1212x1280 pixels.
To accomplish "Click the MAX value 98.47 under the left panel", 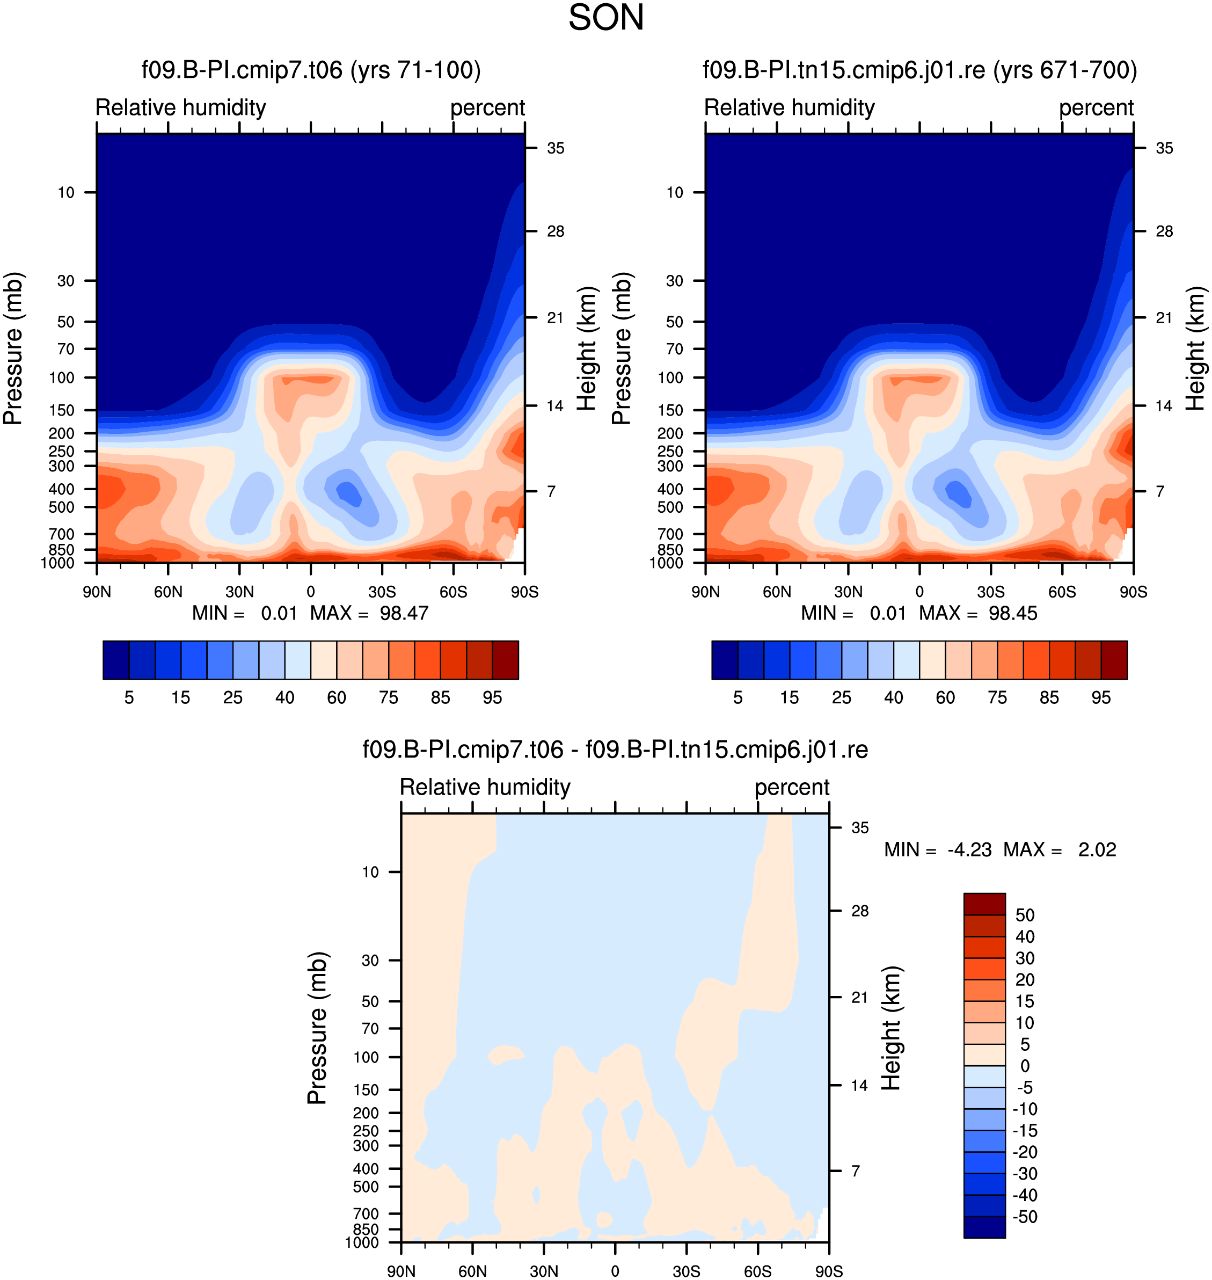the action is tap(404, 613).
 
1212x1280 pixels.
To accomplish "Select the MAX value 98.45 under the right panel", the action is tap(1013, 613).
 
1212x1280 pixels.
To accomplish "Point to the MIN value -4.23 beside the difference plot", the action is tap(969, 850).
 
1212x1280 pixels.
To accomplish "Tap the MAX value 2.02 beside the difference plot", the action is tap(1097, 850).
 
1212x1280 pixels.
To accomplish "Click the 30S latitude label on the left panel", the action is tap(382, 592).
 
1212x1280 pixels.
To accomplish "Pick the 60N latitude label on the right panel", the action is tap(777, 592).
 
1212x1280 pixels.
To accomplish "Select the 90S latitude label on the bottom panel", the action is tap(829, 1271).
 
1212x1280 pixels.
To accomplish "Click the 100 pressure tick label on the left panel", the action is tap(62, 377).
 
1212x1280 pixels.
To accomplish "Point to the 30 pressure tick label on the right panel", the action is tap(675, 280).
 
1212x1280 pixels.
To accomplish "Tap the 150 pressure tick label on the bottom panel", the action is tap(366, 1089).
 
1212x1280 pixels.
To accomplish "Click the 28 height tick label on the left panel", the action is tap(556, 231).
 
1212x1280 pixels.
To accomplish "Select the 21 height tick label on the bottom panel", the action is tap(860, 997).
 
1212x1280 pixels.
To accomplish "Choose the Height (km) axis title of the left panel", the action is tap(587, 349).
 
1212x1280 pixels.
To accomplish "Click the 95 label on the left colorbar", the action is tap(492, 698).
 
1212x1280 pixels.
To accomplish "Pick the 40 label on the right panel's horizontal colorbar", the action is tap(894, 698).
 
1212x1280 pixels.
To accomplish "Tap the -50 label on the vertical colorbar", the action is tap(1025, 1217).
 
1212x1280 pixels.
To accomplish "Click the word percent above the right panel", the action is tap(1097, 107).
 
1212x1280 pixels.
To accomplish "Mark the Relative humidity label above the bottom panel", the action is tap(485, 787).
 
